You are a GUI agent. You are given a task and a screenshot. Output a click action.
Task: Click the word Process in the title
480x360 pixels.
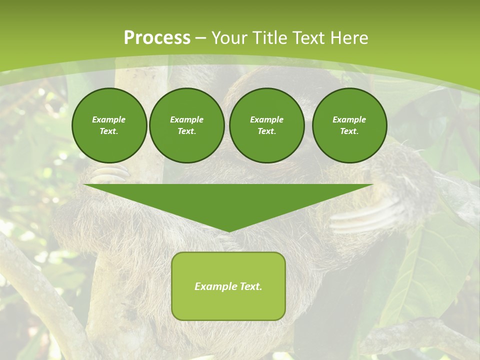tap(156, 38)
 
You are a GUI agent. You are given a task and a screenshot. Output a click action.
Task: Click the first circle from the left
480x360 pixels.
tap(109, 125)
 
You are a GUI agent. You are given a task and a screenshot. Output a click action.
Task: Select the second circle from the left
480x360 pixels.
tap(186, 125)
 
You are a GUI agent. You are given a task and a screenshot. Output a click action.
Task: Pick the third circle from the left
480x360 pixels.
tap(266, 125)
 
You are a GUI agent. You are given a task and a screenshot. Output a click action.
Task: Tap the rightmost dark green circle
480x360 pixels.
tap(349, 125)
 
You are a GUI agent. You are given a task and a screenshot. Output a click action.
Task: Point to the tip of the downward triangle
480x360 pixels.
tap(228, 231)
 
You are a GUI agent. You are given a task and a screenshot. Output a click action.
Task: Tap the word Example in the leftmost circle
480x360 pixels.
tap(109, 119)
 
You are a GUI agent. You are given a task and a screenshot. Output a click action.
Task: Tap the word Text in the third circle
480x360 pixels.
tap(266, 131)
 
